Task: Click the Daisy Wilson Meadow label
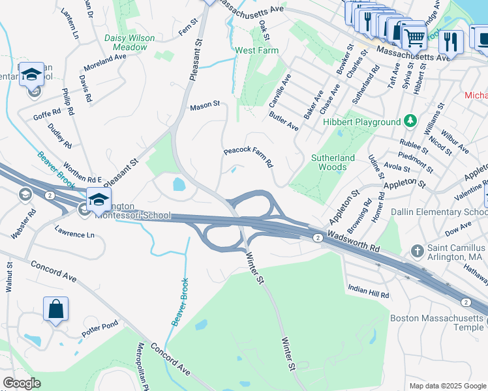(x=130, y=42)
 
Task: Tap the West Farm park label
(x=256, y=50)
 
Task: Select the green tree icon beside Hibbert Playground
(x=410, y=121)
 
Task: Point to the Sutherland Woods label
(x=333, y=162)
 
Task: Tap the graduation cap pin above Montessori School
(x=98, y=199)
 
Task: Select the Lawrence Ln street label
(x=74, y=231)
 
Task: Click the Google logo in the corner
(x=22, y=383)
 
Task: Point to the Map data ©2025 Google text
(x=447, y=386)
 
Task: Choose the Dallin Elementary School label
(x=438, y=212)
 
